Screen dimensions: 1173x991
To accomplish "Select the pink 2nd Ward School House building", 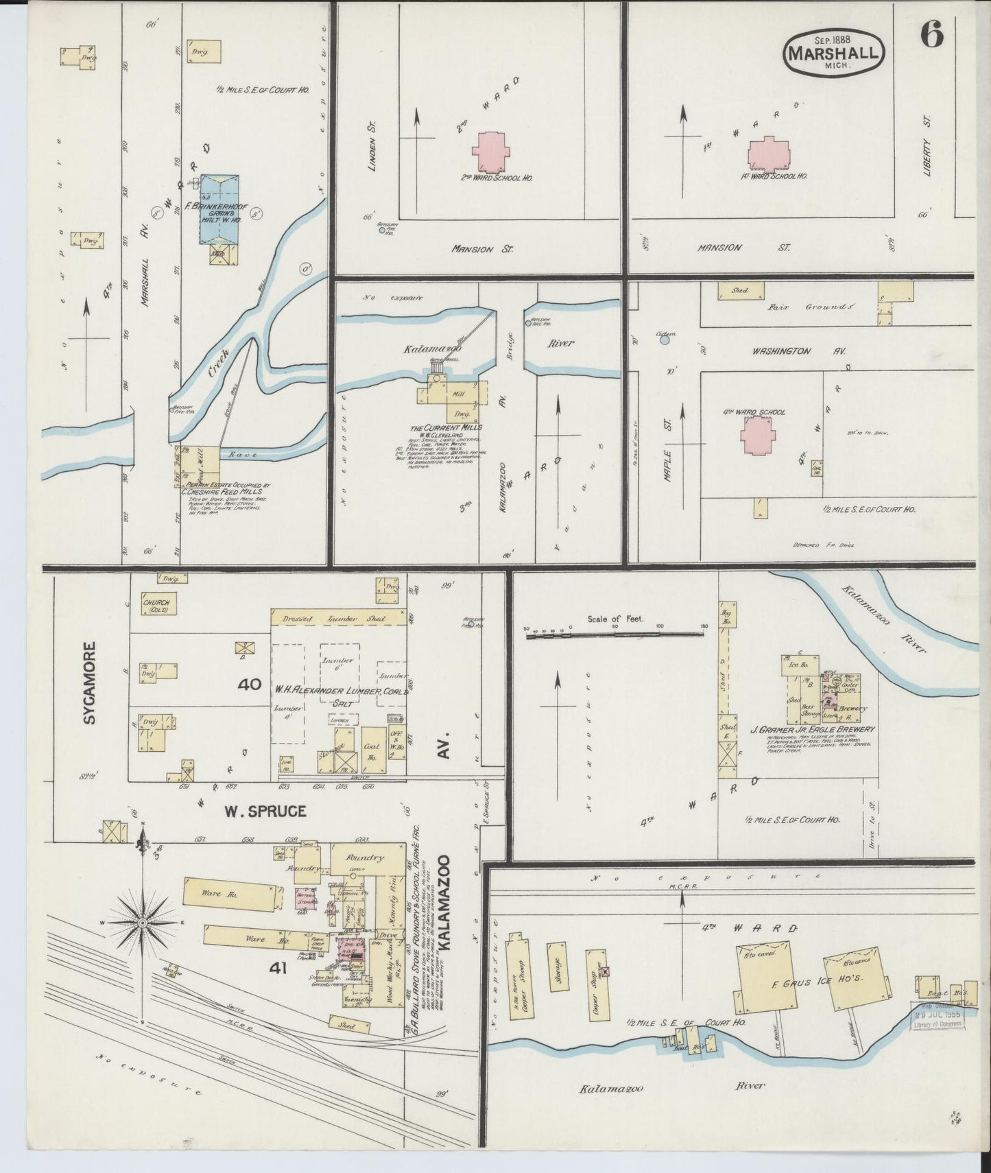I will click(x=490, y=152).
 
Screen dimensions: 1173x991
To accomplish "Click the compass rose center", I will click(x=142, y=923).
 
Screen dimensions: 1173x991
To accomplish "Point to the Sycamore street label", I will click(x=88, y=683).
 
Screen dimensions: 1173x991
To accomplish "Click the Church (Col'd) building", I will click(x=155, y=604).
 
